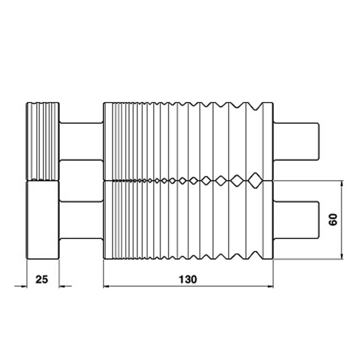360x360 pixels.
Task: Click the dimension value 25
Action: click(42, 279)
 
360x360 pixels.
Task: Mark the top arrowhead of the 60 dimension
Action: click(341, 183)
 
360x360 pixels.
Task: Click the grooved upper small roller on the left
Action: click(43, 141)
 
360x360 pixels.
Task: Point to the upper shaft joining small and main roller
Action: click(81, 141)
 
